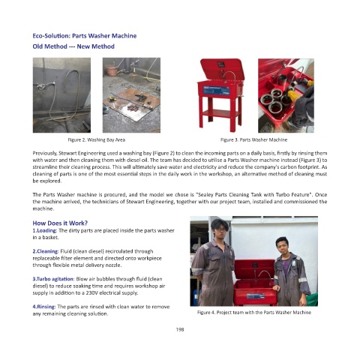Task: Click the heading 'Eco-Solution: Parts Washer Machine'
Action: coord(85,36)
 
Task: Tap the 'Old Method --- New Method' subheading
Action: coord(73,46)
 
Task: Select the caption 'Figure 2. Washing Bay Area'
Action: coord(97,139)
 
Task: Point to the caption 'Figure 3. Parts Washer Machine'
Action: coord(253,139)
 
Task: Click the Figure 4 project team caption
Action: coord(254,312)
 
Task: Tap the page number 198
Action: coord(180,329)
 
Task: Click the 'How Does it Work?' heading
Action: coord(60,223)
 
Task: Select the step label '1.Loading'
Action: coord(45,230)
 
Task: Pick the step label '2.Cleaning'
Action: coord(46,251)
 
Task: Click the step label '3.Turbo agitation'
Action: coord(53,279)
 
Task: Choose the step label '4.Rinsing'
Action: coord(44,307)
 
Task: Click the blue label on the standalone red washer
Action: coord(216,90)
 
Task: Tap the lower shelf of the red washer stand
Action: coord(220,113)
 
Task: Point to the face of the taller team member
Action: coord(220,229)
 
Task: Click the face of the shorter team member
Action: coord(283,247)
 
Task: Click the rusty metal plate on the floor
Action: coord(132,103)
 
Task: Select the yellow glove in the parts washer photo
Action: coord(293,95)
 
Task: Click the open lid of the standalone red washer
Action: coord(222,69)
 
